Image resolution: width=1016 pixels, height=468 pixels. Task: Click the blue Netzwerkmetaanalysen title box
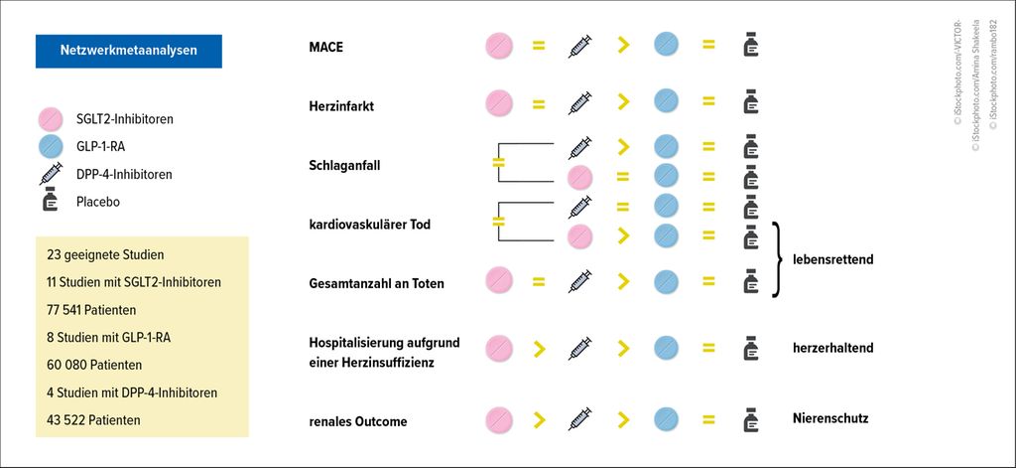coord(128,51)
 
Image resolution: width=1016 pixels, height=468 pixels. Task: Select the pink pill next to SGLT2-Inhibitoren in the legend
coord(51,119)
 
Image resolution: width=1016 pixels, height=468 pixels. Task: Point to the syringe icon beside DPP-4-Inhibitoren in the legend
coord(51,173)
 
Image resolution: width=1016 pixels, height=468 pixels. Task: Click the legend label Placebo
coord(98,202)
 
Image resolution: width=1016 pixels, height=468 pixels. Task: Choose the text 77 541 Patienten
coord(91,310)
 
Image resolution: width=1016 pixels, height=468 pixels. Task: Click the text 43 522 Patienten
coord(93,420)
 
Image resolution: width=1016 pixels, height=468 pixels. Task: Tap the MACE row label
coord(325,47)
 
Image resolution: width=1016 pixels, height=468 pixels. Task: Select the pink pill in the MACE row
coord(499,46)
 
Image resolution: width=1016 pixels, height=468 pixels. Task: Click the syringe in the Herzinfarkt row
coord(579,102)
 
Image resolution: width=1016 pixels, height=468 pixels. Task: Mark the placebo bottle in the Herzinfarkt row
coord(750,102)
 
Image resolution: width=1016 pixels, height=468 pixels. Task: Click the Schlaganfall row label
coord(344,166)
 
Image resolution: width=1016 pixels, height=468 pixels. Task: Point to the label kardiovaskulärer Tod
coord(370,225)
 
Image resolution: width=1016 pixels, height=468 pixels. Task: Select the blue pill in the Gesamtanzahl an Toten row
coord(666,282)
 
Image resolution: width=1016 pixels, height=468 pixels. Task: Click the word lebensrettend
coord(833,259)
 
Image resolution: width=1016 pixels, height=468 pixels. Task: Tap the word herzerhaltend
coord(833,348)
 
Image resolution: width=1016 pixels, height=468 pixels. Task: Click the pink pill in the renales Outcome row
coord(499,419)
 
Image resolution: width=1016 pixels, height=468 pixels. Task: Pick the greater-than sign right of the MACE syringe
coord(623,46)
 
